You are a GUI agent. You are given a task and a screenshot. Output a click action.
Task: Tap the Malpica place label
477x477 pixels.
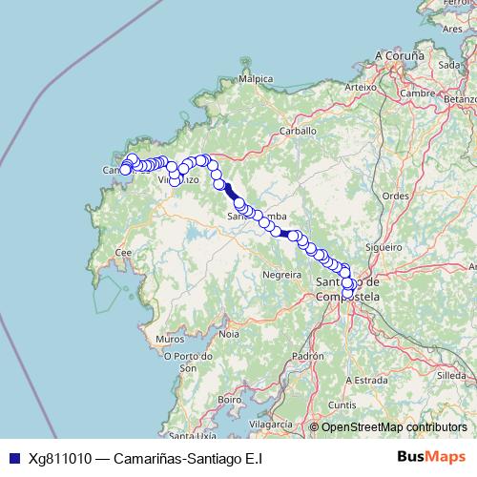click(257, 79)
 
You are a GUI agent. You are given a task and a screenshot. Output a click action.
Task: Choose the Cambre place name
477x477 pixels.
click(419, 93)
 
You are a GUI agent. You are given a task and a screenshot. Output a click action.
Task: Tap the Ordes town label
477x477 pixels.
click(395, 195)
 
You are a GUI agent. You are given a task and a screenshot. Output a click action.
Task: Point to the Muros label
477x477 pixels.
click(170, 339)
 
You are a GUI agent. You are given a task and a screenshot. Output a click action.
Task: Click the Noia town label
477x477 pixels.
click(229, 334)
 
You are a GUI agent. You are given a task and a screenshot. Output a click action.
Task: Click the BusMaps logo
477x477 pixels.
click(431, 457)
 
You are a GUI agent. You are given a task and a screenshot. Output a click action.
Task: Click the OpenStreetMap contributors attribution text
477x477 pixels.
click(394, 427)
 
